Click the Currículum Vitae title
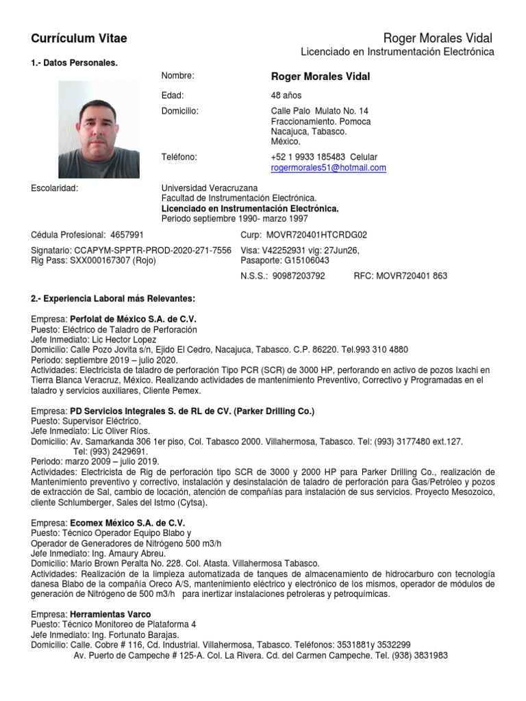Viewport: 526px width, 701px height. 79,38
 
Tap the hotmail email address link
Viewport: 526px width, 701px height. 329,168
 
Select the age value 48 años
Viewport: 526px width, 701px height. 286,96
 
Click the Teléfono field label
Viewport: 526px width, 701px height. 179,157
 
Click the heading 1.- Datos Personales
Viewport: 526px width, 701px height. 75,63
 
